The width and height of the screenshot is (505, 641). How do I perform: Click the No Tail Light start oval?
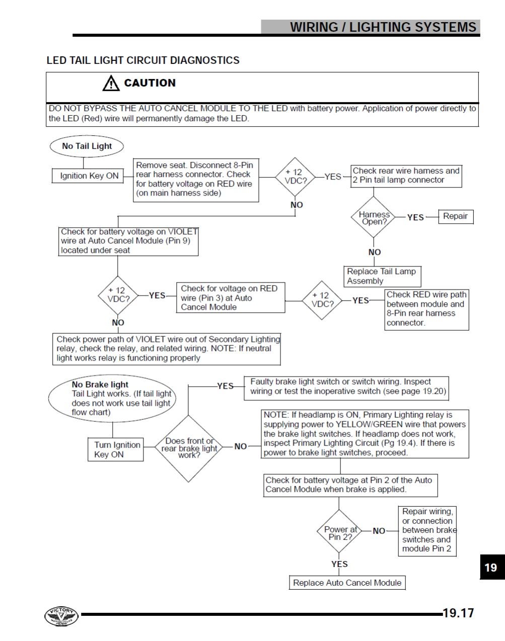87,146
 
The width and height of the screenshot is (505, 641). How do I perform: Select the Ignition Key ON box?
88,175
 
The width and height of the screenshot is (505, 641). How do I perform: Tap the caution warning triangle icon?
111,83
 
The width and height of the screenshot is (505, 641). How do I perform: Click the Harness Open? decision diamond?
374,217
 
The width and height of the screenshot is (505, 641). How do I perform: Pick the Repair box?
456,216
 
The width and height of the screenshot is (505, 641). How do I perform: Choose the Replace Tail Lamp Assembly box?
383,276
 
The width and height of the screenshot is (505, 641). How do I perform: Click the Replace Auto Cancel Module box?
347,582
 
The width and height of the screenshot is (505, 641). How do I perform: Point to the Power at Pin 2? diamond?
339,531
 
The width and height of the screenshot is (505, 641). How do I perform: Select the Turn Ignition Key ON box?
115,449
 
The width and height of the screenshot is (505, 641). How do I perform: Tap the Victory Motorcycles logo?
61,616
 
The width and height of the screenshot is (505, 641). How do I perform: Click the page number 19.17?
458,613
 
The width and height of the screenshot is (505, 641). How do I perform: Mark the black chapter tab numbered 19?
492,567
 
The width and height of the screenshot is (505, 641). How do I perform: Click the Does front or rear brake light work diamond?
188,448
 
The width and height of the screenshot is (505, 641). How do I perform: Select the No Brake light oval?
112,398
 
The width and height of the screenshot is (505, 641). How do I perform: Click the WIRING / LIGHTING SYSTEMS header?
383,27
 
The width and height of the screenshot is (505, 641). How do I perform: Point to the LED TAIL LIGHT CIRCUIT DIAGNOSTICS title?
143,60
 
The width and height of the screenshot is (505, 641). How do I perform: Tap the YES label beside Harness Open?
415,218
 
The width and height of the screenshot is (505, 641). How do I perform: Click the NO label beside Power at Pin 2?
379,531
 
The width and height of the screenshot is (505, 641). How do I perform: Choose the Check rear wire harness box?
406,176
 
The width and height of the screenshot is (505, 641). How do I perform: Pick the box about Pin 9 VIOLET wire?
128,241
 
